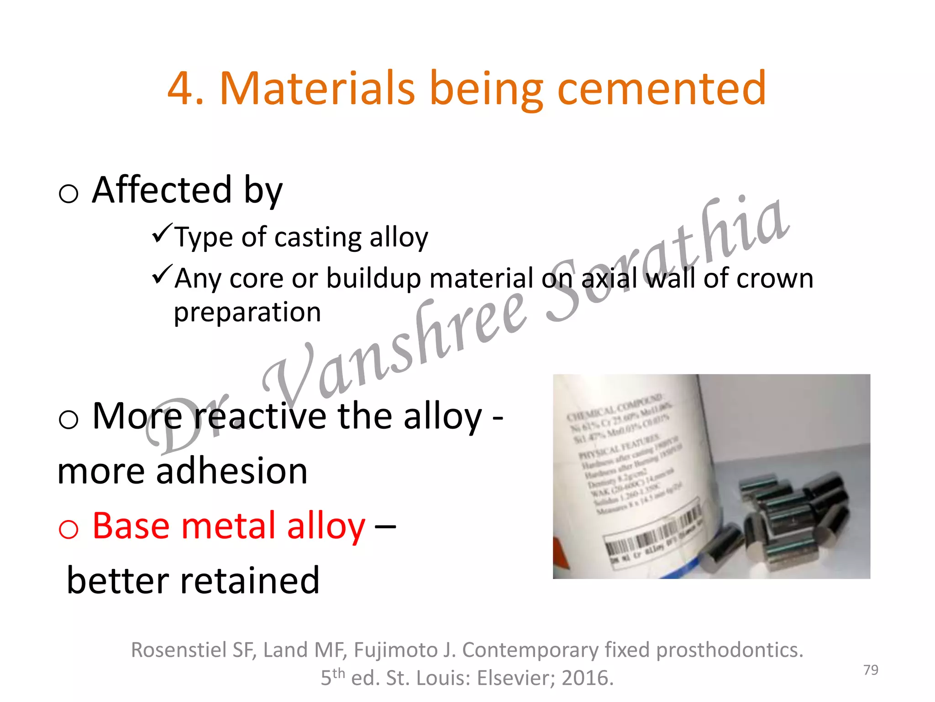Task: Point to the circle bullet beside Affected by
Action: (68, 193)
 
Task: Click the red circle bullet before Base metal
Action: (68, 529)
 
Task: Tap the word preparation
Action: (247, 313)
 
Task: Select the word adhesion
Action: (232, 471)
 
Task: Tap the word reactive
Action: (260, 416)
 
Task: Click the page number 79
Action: (871, 670)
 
